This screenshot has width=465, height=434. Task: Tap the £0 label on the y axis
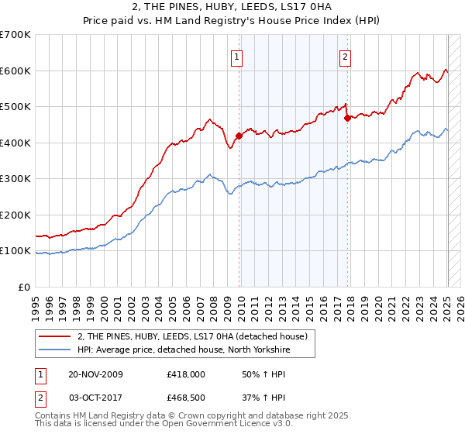(x=25, y=287)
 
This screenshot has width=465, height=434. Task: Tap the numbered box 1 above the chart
(x=236, y=55)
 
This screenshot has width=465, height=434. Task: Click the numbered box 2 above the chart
(x=345, y=55)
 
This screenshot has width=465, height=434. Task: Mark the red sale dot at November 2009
(x=239, y=136)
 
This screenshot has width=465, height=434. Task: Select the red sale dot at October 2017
(x=347, y=118)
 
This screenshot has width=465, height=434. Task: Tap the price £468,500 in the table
(x=186, y=398)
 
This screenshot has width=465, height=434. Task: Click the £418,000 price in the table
(x=186, y=374)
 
